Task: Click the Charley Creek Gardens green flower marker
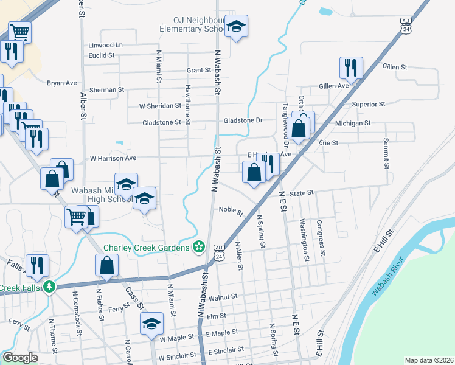tap(198, 247)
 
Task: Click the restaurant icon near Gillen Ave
tap(351, 69)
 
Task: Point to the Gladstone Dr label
tap(243, 120)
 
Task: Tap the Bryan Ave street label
tap(62, 83)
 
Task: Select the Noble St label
tap(231, 210)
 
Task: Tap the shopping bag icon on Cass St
tap(106, 266)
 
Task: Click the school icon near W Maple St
tap(151, 324)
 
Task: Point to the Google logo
tap(20, 358)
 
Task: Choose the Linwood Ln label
tap(105, 46)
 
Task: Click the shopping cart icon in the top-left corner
tap(19, 32)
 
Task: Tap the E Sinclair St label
tap(226, 350)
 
